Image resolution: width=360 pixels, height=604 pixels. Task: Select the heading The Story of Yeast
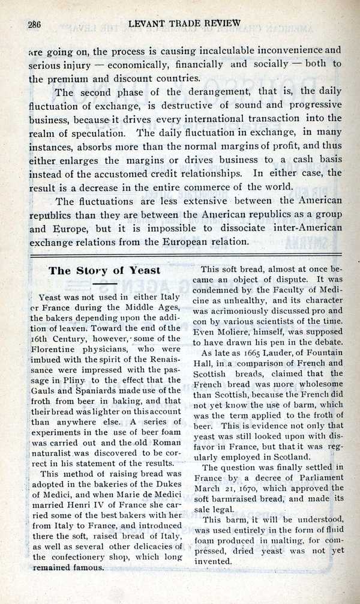[x=104, y=271]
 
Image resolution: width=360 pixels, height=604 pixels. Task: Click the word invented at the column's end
[x=217, y=561]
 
